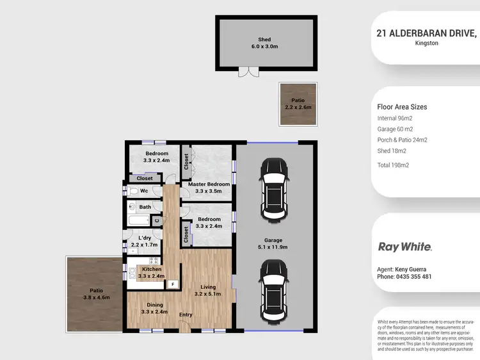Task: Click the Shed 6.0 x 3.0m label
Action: [x=264, y=43]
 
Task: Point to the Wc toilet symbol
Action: [x=134, y=191]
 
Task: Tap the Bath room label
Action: [x=145, y=207]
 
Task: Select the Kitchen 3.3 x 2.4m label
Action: [x=152, y=272]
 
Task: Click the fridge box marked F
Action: [x=173, y=283]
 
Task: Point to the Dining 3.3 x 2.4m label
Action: [x=155, y=308]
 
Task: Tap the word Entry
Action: [x=186, y=315]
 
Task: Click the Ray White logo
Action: [x=405, y=247]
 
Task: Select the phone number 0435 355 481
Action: [x=404, y=277]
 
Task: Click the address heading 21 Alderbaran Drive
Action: [x=426, y=33]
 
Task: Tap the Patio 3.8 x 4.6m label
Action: [x=97, y=294]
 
